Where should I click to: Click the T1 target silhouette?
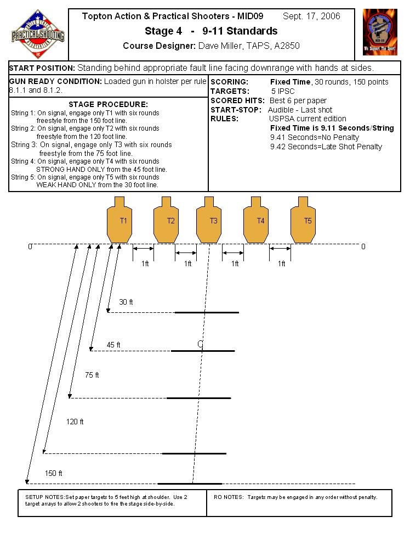click(119, 220)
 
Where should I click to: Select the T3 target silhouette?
click(209, 220)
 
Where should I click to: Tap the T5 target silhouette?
click(303, 220)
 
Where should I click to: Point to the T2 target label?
click(170, 221)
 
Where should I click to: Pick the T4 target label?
click(260, 221)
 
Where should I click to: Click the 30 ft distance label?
click(126, 302)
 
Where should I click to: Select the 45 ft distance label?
click(113, 345)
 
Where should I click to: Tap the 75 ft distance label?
click(92, 375)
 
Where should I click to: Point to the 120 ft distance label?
click(75, 422)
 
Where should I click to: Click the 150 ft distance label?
click(53, 473)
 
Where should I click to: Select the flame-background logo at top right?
click(380, 32)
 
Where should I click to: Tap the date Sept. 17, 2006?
click(311, 16)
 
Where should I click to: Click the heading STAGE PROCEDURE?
click(108, 104)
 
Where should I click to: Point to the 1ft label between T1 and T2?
click(145, 263)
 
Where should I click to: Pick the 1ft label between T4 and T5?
click(281, 263)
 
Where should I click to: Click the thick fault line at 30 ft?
click(207, 312)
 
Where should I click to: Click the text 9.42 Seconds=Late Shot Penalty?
click(326, 147)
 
